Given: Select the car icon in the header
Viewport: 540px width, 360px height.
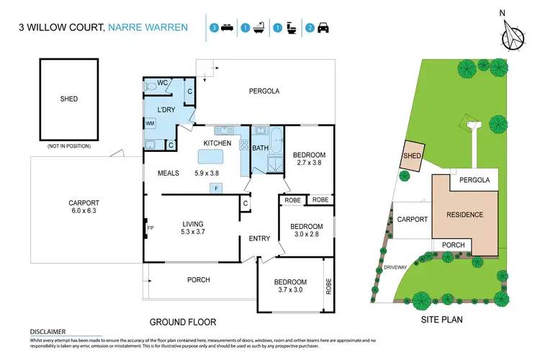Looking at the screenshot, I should click(x=322, y=28).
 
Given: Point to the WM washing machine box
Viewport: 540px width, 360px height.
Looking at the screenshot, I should click(x=150, y=124).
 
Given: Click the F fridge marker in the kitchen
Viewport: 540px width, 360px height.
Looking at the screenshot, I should click(x=215, y=188).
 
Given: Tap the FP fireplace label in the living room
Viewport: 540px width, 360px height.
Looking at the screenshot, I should click(x=150, y=229).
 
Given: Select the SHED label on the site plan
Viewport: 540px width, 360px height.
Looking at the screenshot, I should click(x=412, y=155).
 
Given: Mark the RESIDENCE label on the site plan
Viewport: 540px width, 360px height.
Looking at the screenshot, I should click(x=464, y=215).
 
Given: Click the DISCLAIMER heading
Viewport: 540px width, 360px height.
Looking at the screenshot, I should click(x=42, y=331).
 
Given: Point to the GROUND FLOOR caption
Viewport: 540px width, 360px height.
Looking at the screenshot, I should click(x=182, y=322).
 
